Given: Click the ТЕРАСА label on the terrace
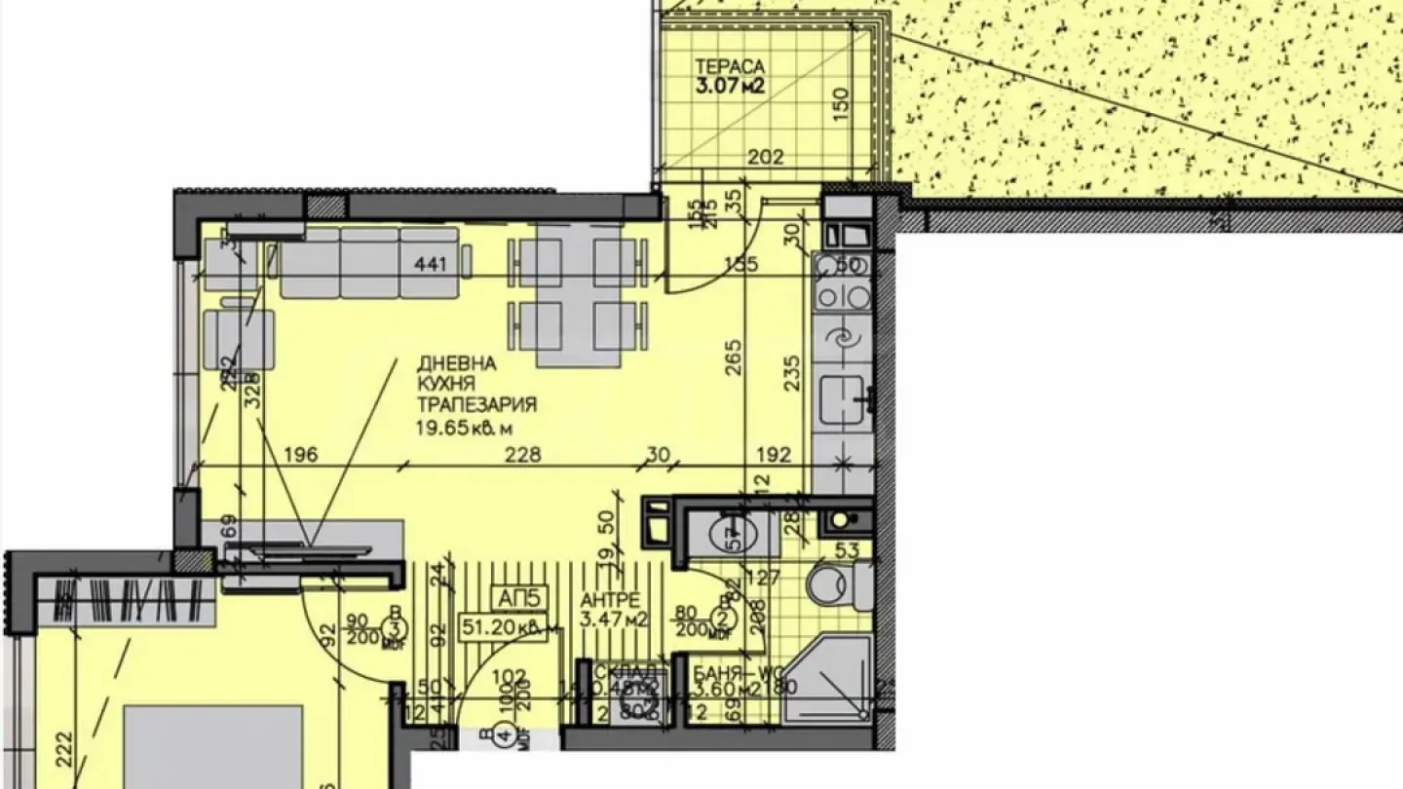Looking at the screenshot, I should [730, 67].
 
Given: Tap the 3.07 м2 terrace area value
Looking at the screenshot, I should [730, 86].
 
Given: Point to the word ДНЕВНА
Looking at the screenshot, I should [457, 363].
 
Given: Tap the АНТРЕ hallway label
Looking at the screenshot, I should [610, 600].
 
